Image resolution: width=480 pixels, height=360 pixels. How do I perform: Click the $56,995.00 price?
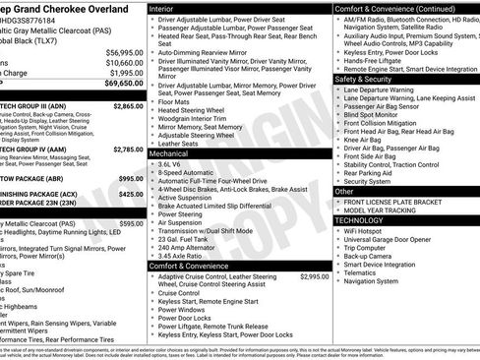pyautogui.click(x=124, y=51)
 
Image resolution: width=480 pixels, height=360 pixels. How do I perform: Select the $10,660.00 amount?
pyautogui.click(x=124, y=62)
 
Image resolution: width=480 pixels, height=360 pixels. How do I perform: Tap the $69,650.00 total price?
pyautogui.click(x=124, y=85)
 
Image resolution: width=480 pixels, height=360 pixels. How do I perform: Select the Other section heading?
pyautogui.click(x=345, y=192)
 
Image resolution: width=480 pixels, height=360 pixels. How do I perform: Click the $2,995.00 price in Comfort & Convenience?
pyautogui.click(x=313, y=277)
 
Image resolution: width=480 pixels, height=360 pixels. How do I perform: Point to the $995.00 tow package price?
pyautogui.click(x=131, y=179)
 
